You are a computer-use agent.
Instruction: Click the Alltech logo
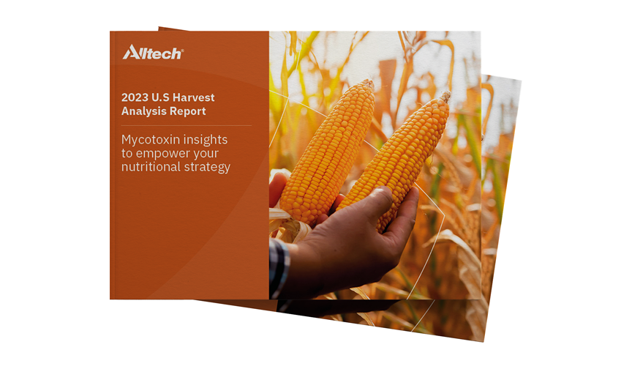153,53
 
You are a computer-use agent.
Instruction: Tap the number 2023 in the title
135,97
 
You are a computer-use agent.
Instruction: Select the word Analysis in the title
141,111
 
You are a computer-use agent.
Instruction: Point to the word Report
185,112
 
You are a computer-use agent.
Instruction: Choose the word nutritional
148,166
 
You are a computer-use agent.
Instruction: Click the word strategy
205,167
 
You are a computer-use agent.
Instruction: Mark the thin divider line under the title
187,125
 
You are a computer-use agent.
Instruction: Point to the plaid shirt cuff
279,267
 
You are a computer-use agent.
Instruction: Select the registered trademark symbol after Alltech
182,51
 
